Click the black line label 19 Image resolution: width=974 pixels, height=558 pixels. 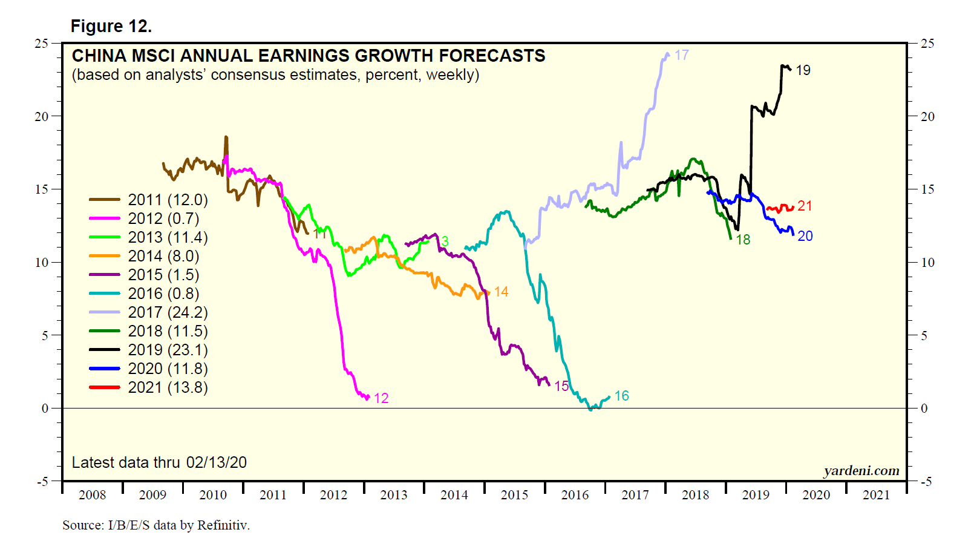pyautogui.click(x=803, y=71)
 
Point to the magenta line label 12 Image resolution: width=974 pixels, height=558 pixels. pyautogui.click(x=381, y=398)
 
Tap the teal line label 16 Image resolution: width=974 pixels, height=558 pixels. pyautogui.click(x=621, y=396)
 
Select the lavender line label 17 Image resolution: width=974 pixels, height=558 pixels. pyautogui.click(x=682, y=55)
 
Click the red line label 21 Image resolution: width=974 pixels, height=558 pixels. pyautogui.click(x=805, y=206)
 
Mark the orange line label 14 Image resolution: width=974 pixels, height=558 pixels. pyautogui.click(x=501, y=292)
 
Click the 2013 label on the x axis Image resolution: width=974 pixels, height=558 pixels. pyautogui.click(x=394, y=495)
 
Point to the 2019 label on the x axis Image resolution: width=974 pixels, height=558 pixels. pyautogui.click(x=756, y=495)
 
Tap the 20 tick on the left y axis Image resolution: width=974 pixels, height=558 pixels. pyautogui.click(x=41, y=116)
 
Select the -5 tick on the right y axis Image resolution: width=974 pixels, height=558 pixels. pyautogui.click(x=926, y=482)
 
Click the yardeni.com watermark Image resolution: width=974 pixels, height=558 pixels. pyautogui.click(x=861, y=471)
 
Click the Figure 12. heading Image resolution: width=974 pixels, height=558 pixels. pyautogui.click(x=111, y=26)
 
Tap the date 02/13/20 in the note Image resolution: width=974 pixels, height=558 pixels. pyautogui.click(x=217, y=462)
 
